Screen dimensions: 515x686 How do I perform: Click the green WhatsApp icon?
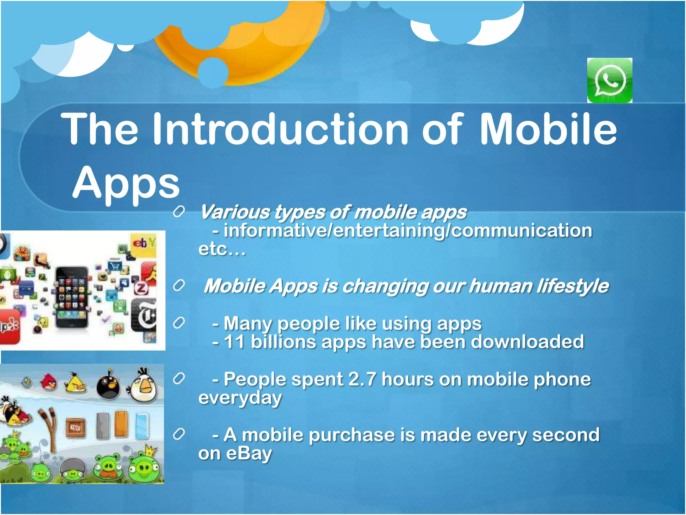coord(609,80)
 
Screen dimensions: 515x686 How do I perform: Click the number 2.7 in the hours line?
coord(362,379)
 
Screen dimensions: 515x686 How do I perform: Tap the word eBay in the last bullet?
coord(249,453)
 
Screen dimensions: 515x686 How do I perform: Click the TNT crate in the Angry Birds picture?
coord(75,428)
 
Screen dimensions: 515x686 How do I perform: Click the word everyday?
coord(240,398)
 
